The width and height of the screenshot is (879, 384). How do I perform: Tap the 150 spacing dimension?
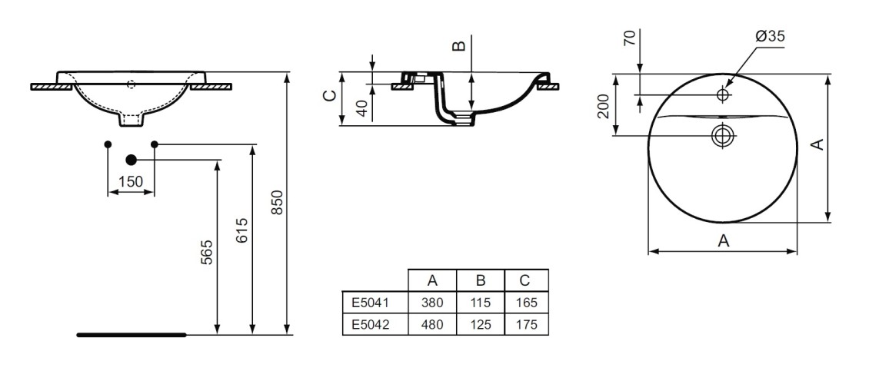click(x=131, y=181)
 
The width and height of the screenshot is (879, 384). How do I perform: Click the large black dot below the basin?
click(x=131, y=160)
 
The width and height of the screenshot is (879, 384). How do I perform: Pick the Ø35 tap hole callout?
click(x=770, y=36)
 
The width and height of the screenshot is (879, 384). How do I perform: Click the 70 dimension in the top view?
click(x=630, y=38)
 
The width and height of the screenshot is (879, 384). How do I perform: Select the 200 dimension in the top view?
click(x=604, y=106)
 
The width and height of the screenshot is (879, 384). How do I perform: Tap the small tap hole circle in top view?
click(x=722, y=94)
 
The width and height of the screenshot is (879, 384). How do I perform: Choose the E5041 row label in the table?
click(x=371, y=303)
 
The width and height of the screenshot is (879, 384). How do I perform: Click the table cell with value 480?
click(x=431, y=324)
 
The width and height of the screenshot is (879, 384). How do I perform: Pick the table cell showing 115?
click(x=479, y=303)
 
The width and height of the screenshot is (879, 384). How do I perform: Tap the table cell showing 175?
click(x=526, y=324)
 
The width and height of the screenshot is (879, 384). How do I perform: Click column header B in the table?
click(x=479, y=280)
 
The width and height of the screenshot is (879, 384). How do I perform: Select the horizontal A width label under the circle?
click(x=723, y=240)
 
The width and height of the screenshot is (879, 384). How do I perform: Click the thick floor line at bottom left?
click(x=132, y=335)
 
